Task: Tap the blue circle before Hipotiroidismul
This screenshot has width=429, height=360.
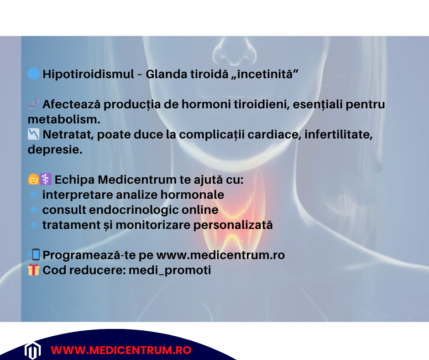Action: click(x=33, y=74)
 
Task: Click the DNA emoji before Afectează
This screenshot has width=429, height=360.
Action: click(x=33, y=104)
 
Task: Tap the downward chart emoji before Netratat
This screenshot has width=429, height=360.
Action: click(x=33, y=134)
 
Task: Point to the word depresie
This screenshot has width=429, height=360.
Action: click(x=55, y=150)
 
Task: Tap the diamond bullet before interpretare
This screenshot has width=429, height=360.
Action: click(x=33, y=194)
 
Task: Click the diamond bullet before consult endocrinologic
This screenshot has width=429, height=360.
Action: click(x=33, y=210)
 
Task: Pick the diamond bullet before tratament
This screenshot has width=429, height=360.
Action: click(x=33, y=224)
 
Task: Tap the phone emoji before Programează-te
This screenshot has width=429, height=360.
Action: click(x=34, y=254)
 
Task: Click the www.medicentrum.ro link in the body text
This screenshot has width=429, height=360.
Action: click(x=220, y=255)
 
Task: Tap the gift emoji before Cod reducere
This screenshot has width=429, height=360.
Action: click(x=33, y=270)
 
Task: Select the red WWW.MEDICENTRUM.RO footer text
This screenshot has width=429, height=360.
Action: click(x=120, y=350)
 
